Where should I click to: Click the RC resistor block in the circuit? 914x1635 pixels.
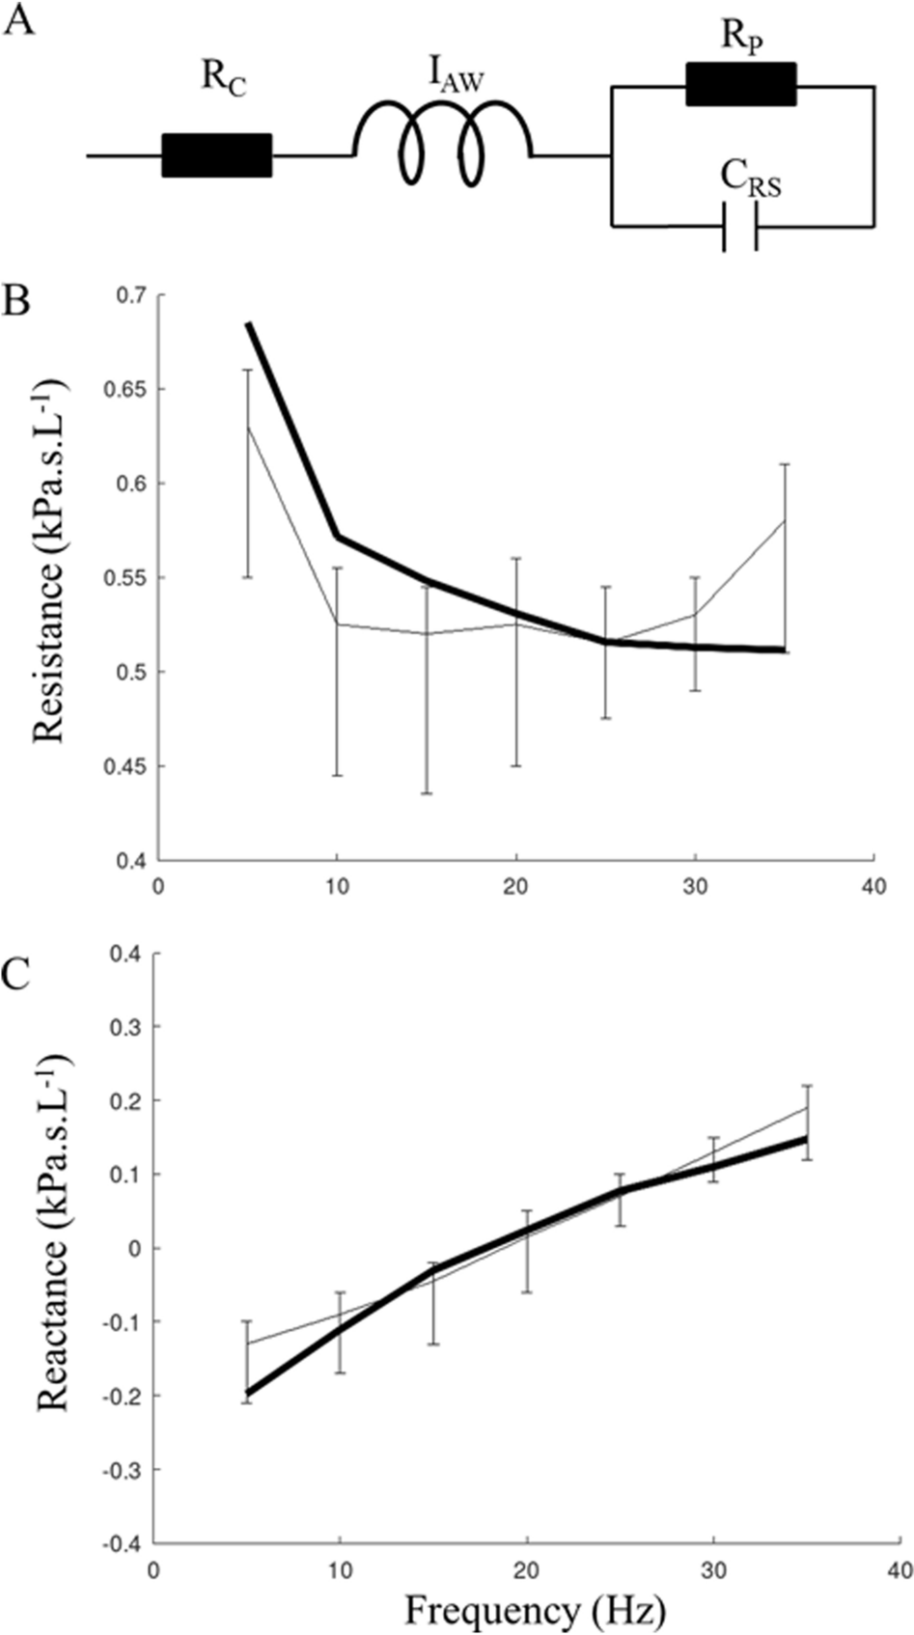click(x=216, y=155)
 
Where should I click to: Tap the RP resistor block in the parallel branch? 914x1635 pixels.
click(x=740, y=84)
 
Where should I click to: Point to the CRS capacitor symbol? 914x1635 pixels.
click(x=740, y=227)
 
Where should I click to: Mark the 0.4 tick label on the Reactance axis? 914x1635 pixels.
click(x=124, y=954)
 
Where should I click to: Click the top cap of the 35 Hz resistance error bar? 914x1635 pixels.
click(x=785, y=464)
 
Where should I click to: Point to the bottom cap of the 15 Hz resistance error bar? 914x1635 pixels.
click(x=427, y=793)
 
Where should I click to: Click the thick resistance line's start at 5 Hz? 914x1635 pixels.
click(x=248, y=324)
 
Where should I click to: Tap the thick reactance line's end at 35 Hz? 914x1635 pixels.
click(x=805, y=1139)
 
